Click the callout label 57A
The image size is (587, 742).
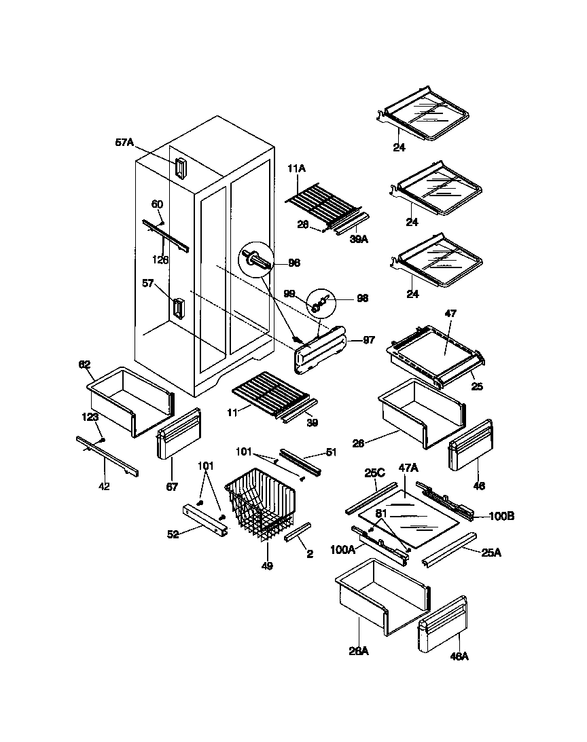[x=125, y=143]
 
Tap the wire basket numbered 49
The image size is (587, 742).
[x=262, y=505]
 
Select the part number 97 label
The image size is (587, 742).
[x=368, y=340]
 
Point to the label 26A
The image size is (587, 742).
[x=358, y=651]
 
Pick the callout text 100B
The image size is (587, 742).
[x=501, y=517]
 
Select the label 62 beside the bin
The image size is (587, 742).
[x=84, y=365]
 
